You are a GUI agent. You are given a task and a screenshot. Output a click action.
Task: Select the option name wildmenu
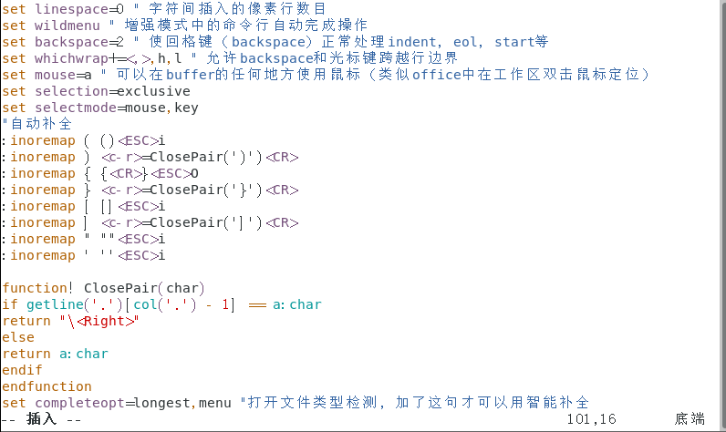click(x=67, y=26)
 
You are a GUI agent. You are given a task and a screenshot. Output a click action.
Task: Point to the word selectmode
click(x=77, y=108)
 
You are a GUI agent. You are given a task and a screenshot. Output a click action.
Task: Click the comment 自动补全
click(x=40, y=124)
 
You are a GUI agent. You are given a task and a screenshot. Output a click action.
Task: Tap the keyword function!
click(x=39, y=288)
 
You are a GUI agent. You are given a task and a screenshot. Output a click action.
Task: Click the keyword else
click(x=18, y=337)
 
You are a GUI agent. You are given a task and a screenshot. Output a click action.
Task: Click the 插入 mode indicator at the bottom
click(x=42, y=419)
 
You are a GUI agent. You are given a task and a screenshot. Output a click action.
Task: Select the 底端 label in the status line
click(x=690, y=419)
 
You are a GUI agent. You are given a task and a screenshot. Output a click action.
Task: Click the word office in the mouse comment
click(x=437, y=75)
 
